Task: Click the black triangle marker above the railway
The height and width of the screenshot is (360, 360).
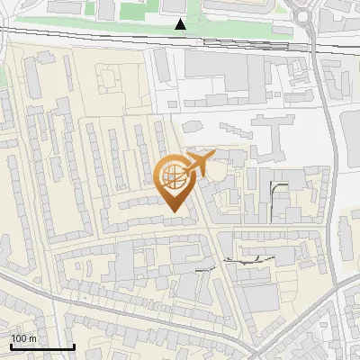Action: pos(181,24)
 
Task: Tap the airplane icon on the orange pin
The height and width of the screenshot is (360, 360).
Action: pos(197,163)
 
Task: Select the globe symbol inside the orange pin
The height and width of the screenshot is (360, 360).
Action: pos(172,175)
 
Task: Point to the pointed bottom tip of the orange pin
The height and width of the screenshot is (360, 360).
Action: pos(174,211)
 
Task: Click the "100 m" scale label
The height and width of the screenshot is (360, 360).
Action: pos(23,338)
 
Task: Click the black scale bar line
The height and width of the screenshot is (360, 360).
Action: pos(41,346)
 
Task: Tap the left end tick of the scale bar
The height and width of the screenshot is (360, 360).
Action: pos(10,345)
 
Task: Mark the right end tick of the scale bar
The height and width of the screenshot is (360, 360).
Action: pos(74,345)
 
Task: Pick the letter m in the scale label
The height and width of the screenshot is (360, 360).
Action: pos(32,338)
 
